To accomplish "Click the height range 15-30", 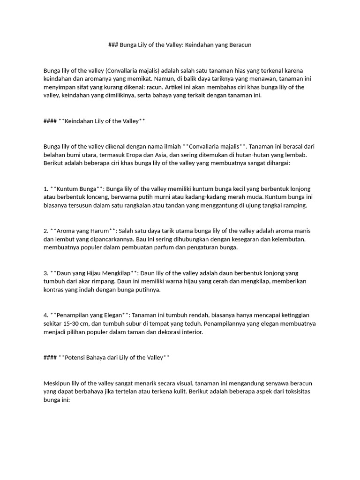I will tap(73, 324).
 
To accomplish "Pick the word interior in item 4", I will tap(190, 332).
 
